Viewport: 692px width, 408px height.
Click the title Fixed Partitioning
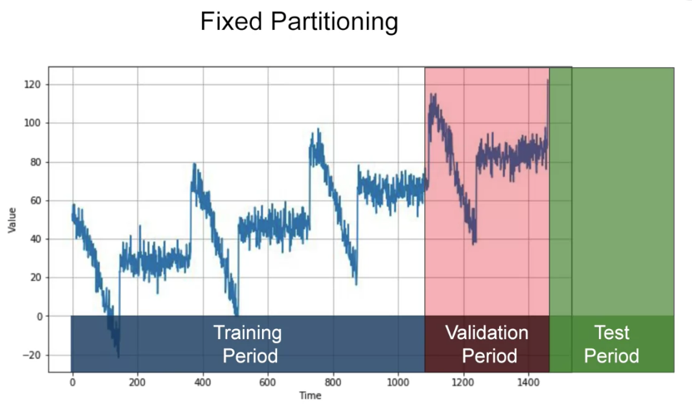[x=299, y=22]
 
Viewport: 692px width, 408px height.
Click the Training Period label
[x=247, y=345]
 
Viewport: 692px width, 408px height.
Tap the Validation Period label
[x=487, y=345]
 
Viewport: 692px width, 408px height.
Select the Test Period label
[x=611, y=345]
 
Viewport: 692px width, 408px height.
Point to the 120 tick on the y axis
[x=32, y=85]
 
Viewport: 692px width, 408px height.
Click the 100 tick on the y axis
[x=32, y=123]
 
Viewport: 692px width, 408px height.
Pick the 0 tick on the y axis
[x=38, y=317]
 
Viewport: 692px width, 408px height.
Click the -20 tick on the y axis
[x=32, y=356]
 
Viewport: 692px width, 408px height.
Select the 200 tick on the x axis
[x=137, y=384]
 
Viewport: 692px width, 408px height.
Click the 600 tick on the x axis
[x=268, y=384]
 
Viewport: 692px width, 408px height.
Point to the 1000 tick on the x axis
[x=398, y=384]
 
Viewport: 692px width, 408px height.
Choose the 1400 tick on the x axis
[x=528, y=384]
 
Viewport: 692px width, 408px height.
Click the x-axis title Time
[x=310, y=396]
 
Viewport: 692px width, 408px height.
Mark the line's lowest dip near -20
[x=118, y=356]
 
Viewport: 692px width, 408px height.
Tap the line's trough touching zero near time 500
[x=236, y=314]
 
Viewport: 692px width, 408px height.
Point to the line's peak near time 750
[x=317, y=130]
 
